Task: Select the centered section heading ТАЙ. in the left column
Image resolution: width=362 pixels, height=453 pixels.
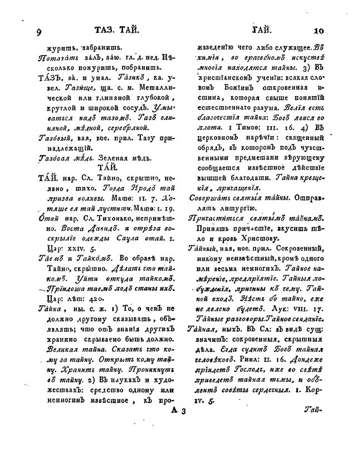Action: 106,167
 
